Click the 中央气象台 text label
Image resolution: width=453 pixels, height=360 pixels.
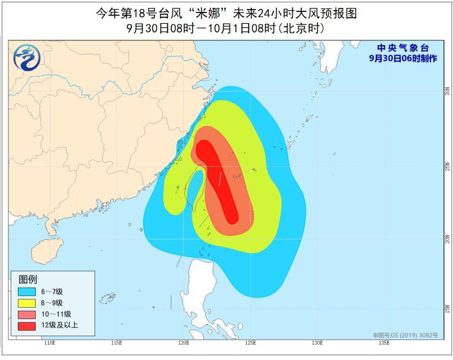pos(402,48)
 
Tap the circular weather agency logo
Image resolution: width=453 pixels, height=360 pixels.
pos(26,57)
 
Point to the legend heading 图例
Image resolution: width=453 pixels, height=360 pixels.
pos(28,279)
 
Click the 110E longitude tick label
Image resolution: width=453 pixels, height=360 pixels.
pos(49,343)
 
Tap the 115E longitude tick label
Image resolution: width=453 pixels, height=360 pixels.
pos(117,343)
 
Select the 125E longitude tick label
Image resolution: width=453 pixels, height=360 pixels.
pos(250,343)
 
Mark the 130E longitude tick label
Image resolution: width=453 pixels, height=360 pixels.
pos(317,343)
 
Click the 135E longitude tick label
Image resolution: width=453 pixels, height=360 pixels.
pos(384,343)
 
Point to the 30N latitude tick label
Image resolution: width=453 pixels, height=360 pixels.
pos(446,92)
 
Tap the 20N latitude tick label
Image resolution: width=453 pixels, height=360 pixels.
pos(446,238)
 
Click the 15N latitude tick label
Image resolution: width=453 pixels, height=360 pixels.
pos(446,310)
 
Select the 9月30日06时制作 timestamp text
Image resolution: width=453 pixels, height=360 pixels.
pos(402,58)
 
